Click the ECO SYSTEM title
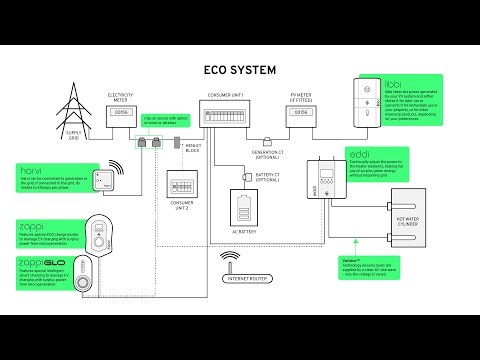pos(239,70)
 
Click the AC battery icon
pos(244,210)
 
